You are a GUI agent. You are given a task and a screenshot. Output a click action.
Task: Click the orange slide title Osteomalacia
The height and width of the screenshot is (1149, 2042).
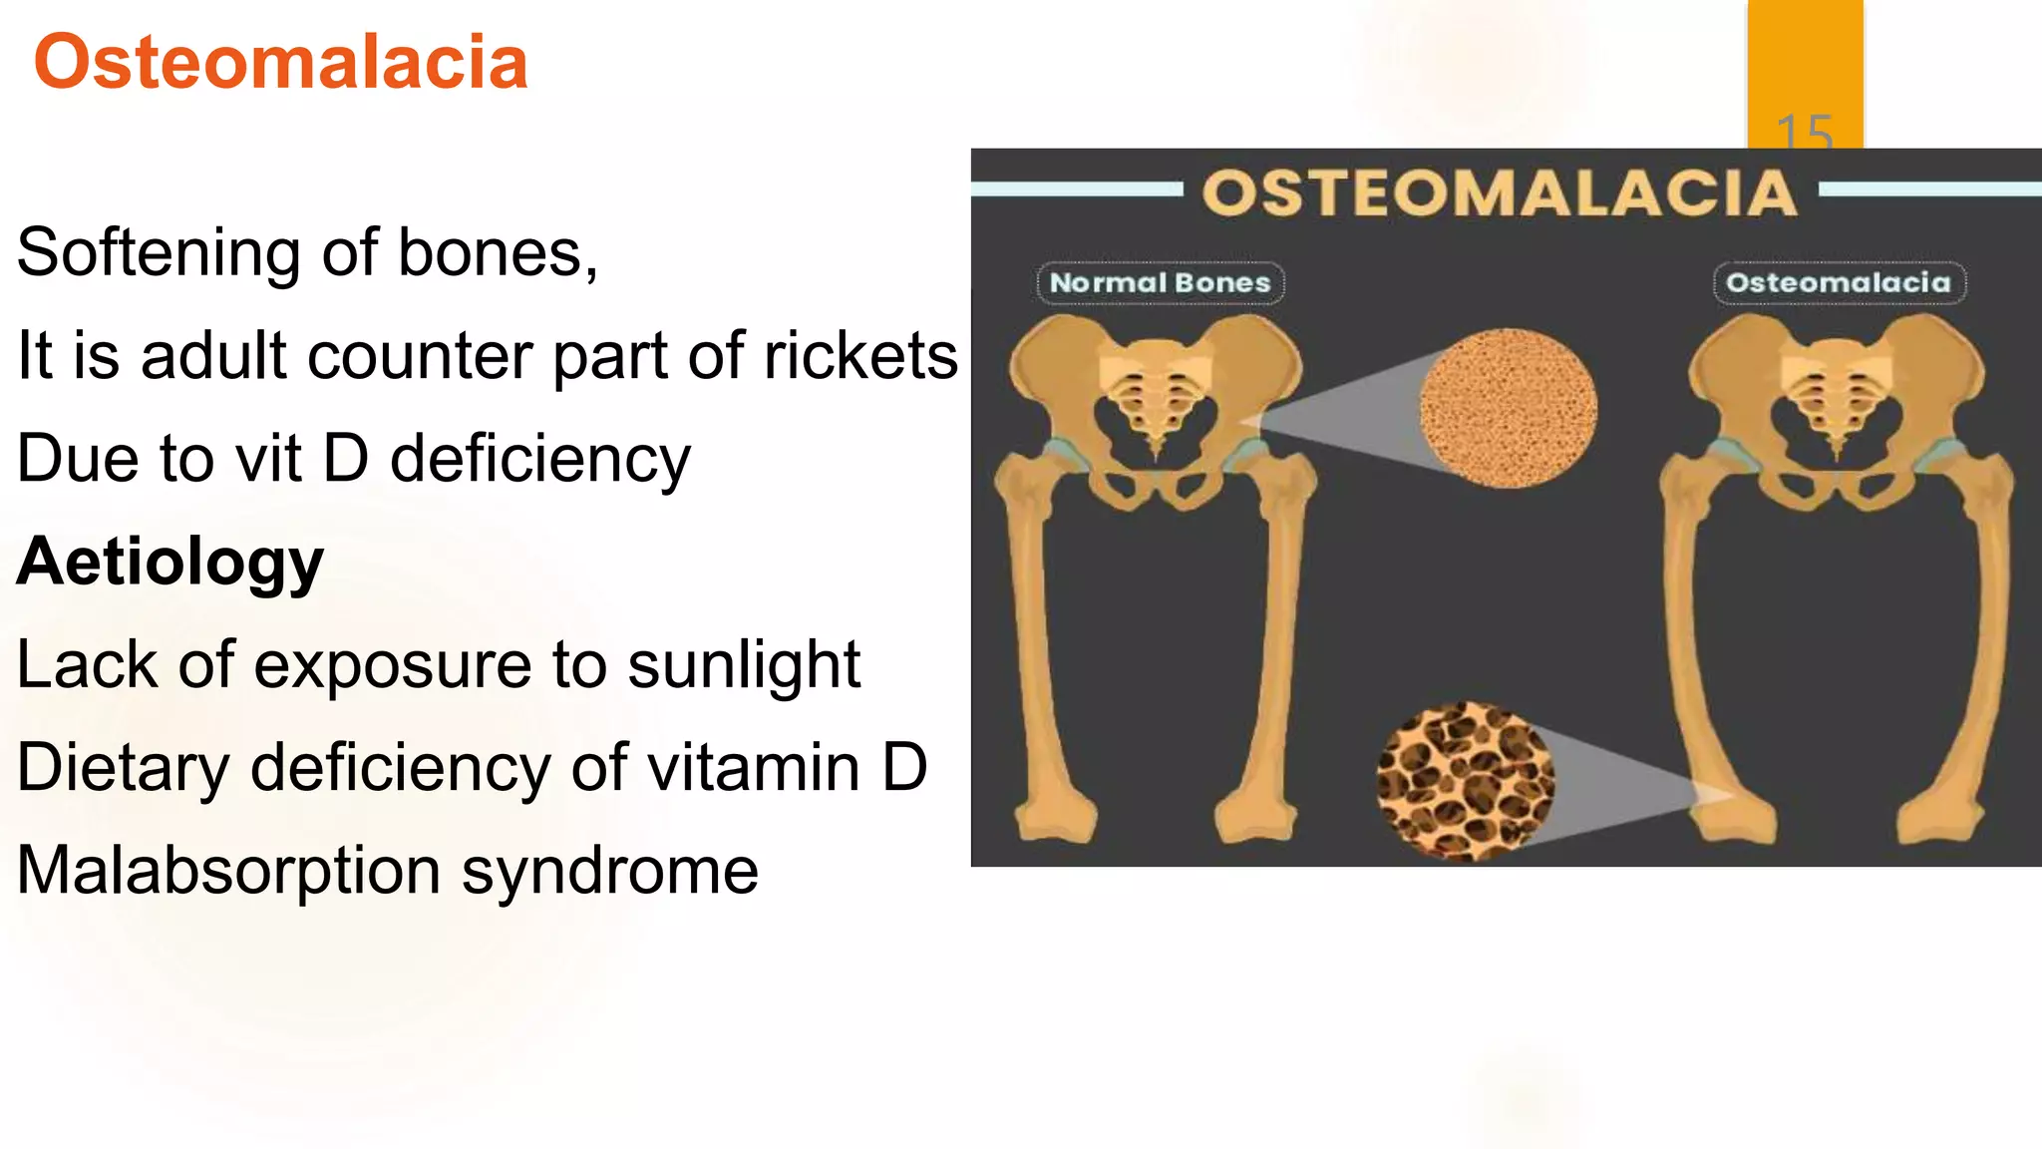(x=280, y=63)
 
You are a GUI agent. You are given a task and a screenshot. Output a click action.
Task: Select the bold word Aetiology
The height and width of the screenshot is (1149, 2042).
(x=170, y=562)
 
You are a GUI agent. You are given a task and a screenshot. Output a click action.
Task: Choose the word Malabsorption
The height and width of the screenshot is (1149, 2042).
(x=228, y=871)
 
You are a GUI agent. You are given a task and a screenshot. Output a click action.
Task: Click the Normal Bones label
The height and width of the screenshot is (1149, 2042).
(x=1161, y=283)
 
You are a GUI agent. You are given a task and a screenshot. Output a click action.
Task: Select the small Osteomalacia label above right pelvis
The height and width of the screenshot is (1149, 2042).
(x=1839, y=283)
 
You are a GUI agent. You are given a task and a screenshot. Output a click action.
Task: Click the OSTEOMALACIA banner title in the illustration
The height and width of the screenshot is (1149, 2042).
(x=1500, y=193)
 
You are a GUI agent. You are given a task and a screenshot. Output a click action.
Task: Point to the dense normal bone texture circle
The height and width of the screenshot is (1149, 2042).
(x=1508, y=408)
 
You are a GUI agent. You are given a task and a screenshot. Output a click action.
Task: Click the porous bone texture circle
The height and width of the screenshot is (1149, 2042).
(x=1465, y=781)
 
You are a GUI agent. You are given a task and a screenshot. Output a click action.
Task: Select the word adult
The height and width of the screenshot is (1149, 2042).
(x=213, y=356)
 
